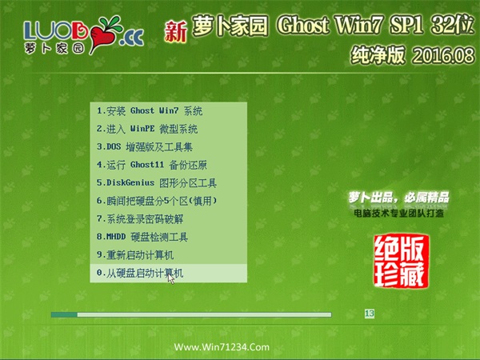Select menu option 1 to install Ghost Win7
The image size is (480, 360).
tap(150, 111)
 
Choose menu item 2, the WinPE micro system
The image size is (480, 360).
tap(147, 129)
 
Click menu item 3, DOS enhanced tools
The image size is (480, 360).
tap(145, 147)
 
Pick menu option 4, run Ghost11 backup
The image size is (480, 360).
tap(152, 165)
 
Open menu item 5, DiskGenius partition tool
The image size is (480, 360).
tap(157, 183)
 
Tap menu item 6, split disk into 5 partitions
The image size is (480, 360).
tap(157, 201)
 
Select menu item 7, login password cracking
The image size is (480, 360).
tap(140, 219)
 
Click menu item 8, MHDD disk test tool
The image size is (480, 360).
tap(142, 237)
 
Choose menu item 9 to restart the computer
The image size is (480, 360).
tap(135, 255)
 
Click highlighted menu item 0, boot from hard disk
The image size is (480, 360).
tap(140, 273)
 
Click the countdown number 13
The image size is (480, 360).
tap(370, 314)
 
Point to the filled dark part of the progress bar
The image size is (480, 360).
tap(64, 314)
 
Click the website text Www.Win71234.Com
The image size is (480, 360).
tap(222, 347)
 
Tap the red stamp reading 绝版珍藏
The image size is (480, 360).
tap(401, 261)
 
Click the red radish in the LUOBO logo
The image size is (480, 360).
tap(103, 36)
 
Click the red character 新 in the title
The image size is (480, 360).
tap(175, 31)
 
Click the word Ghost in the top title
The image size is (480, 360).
tap(303, 26)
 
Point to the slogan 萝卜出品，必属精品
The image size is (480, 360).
tap(398, 198)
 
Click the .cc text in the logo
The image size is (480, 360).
tap(131, 38)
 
